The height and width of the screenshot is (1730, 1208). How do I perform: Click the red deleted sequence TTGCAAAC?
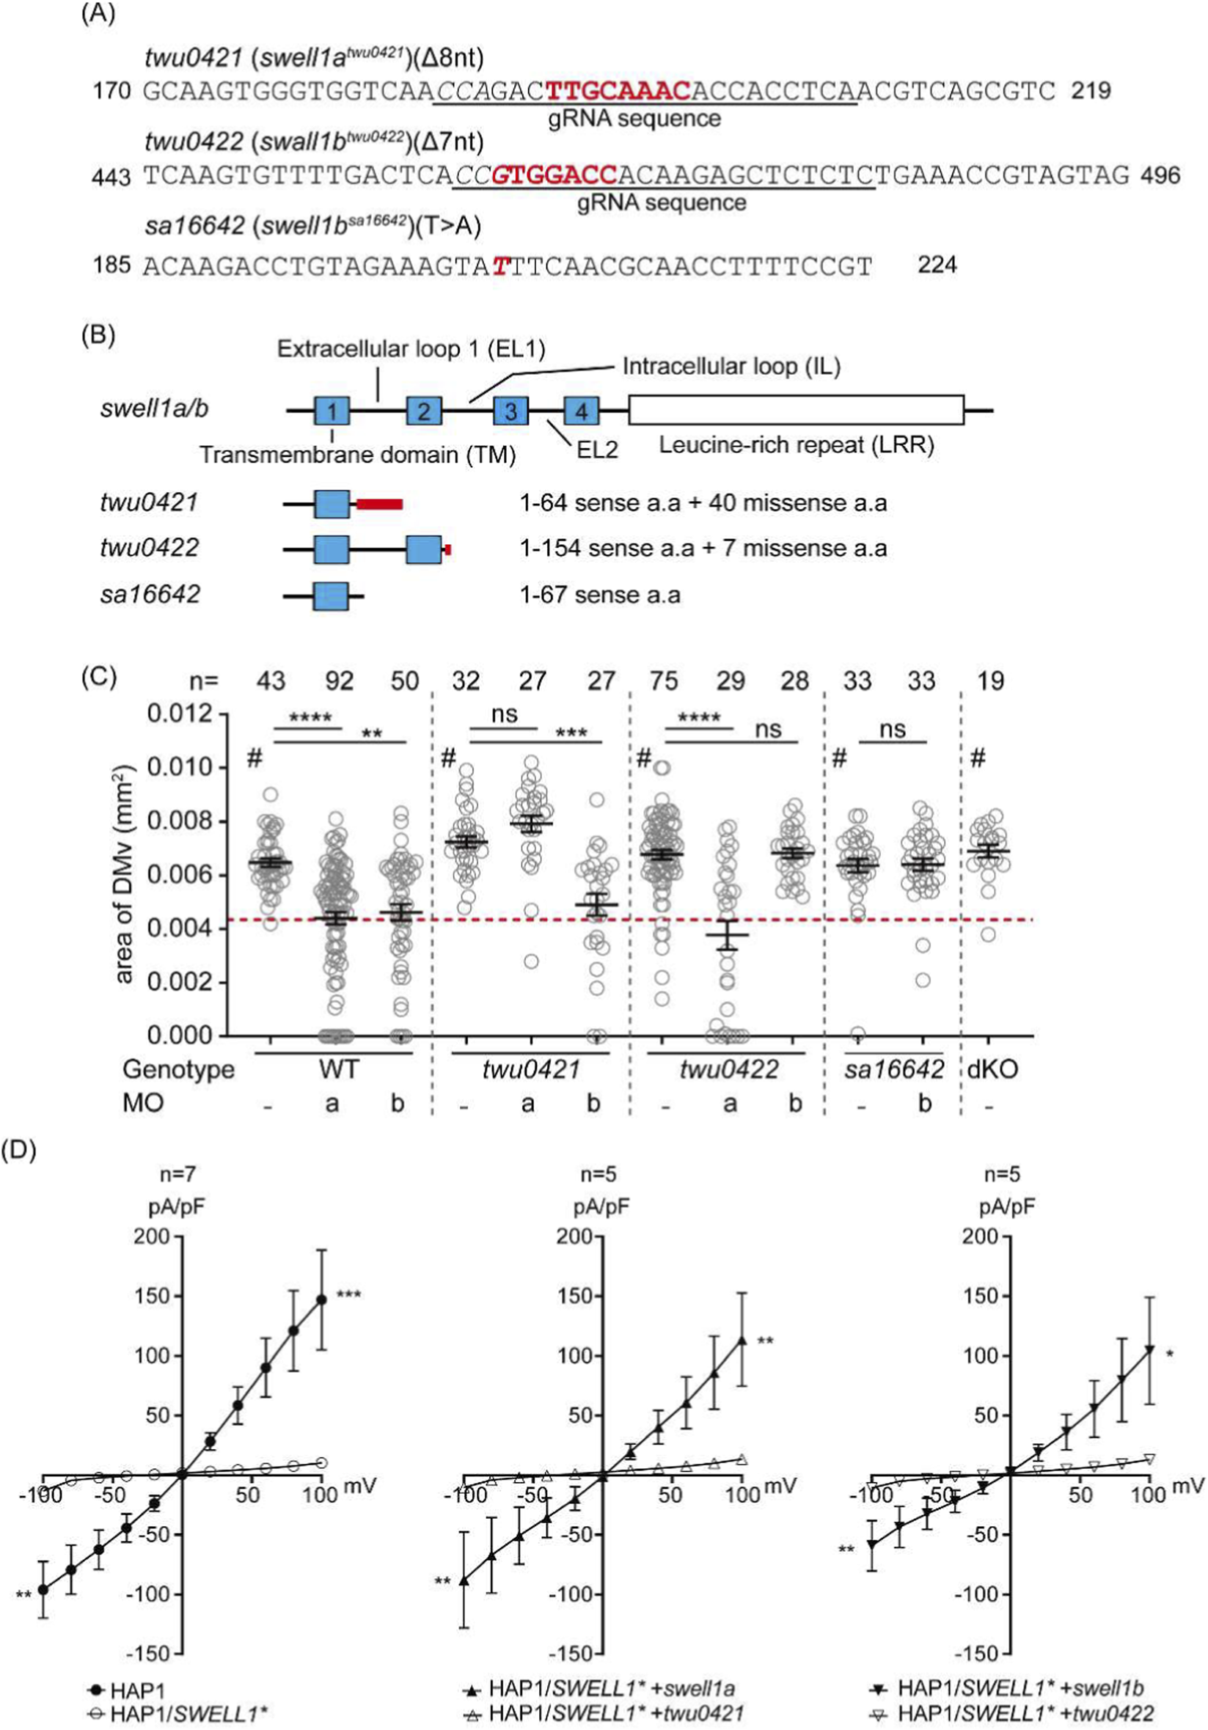coord(618,91)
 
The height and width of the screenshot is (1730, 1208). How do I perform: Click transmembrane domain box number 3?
coord(511,411)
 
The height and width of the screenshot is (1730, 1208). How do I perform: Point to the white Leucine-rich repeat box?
coord(796,411)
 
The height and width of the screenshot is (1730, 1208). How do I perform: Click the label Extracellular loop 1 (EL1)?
coord(411,349)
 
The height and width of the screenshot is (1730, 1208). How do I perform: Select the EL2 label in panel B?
coord(597,450)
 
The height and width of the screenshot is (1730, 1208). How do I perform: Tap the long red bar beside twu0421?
coord(380,503)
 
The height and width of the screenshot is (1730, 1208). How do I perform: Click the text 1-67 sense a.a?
coord(600,595)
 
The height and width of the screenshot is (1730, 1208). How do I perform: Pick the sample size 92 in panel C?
coord(338,681)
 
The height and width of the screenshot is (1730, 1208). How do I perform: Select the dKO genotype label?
coord(994,1070)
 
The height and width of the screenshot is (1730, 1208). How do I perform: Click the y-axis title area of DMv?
coord(124,874)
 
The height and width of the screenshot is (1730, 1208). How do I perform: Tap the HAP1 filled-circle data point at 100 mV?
coord(322,1300)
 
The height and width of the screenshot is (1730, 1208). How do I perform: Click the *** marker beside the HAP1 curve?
coord(349,1295)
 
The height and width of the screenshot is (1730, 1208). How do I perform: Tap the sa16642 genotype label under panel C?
coord(894,1070)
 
